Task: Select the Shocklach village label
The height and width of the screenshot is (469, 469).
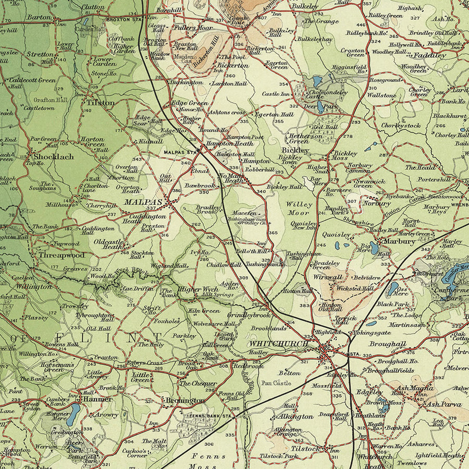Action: (x=54, y=156)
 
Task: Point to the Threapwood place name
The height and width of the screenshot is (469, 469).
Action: (x=60, y=256)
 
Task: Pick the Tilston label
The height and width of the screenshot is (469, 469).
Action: (x=101, y=103)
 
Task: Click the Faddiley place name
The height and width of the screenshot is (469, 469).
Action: (x=430, y=55)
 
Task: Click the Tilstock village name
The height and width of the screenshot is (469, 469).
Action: (x=305, y=448)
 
